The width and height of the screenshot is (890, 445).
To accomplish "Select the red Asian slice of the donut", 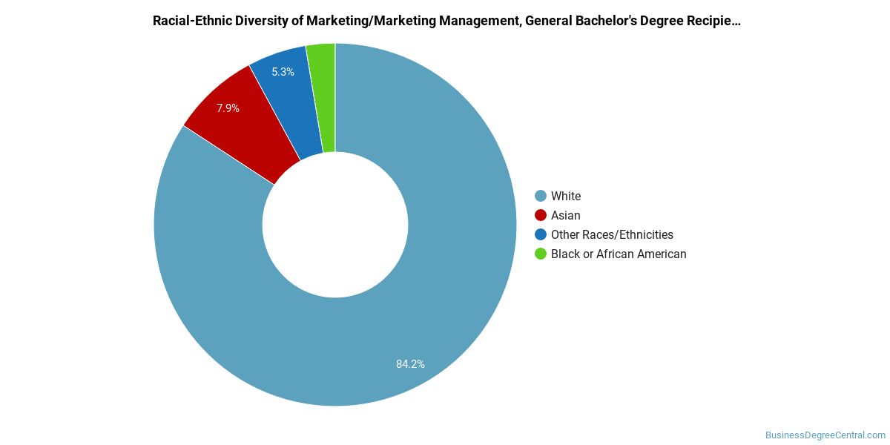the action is pos(243,123).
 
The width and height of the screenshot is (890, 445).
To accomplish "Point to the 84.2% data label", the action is pos(410,364).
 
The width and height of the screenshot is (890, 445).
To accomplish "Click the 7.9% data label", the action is pos(228,108).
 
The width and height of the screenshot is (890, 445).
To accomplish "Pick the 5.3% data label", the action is pos(283,72).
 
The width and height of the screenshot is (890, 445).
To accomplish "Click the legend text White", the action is pos(566,197).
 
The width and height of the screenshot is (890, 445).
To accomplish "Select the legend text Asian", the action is pos(565,215).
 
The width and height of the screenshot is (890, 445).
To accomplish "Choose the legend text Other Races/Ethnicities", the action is pos(612,235).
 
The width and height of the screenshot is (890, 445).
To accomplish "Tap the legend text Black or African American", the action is pos(619,254).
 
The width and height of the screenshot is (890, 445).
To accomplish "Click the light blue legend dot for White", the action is pos(541,196).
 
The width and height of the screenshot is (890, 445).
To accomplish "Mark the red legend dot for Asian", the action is pos(541,215).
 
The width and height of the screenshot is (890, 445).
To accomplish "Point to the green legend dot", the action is pos(541,254).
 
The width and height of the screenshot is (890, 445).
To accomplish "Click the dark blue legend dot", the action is pos(541,234).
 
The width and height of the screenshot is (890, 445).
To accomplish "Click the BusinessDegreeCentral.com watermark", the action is pos(825,435).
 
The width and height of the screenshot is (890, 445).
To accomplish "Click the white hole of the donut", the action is pos(335,225).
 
